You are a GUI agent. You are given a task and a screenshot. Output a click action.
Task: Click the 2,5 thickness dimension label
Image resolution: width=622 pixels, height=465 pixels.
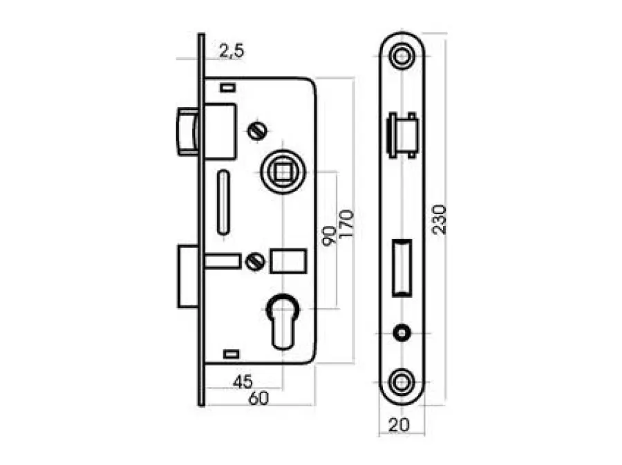pyautogui.click(x=232, y=51)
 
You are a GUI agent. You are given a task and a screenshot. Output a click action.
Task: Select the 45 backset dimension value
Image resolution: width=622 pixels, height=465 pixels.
pyautogui.click(x=243, y=382)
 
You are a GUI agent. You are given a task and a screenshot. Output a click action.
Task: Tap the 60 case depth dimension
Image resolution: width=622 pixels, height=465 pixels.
pyautogui.click(x=258, y=398)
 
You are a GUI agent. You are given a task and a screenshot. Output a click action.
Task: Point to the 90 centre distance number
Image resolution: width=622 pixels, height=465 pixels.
pyautogui.click(x=329, y=236)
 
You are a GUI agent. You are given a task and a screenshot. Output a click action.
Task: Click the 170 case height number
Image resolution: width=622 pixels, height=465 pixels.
pyautogui.click(x=346, y=224)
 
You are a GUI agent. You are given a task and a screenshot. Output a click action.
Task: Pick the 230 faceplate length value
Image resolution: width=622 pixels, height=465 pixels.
pyautogui.click(x=439, y=220)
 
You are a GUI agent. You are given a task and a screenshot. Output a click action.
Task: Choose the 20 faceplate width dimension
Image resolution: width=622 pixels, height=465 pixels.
pyautogui.click(x=399, y=425)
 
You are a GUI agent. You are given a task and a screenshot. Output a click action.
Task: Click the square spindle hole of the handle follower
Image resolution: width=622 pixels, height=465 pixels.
pyautogui.click(x=283, y=171)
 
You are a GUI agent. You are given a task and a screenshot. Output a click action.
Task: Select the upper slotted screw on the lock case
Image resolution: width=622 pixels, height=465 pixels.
pyautogui.click(x=257, y=131)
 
